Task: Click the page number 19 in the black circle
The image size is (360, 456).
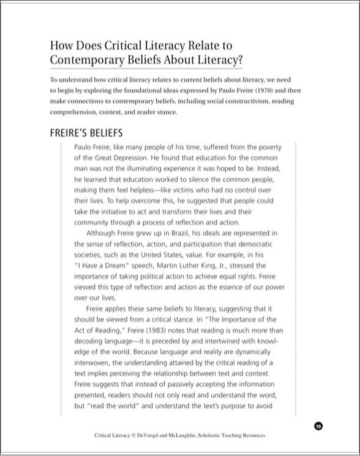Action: click(x=318, y=426)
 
